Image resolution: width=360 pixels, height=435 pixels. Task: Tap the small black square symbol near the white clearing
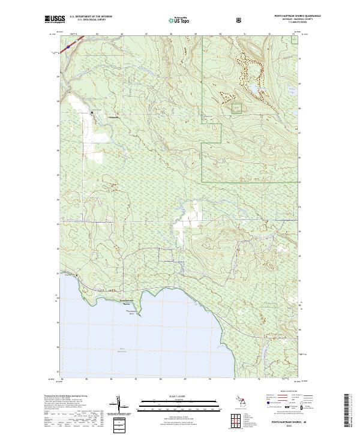click(92, 112)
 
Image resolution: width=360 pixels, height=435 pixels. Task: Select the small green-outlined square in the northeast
click(237, 108)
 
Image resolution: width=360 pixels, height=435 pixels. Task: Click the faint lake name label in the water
click(123, 349)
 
